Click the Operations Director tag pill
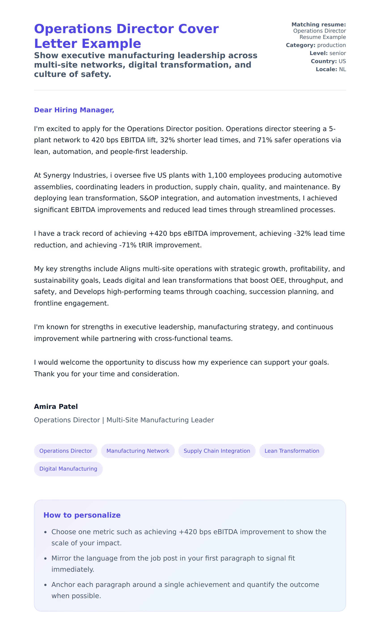[65, 451]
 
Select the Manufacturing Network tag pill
[138, 451]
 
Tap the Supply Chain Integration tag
[217, 451]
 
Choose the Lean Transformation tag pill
[292, 451]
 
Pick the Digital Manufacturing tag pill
[68, 469]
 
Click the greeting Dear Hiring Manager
[74, 110]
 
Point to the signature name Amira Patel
[56, 407]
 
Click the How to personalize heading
[82, 515]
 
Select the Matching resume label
[319, 25]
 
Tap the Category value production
[331, 45]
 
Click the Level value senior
[338, 53]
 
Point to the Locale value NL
[342, 69]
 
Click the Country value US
[342, 61]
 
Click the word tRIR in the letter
[146, 245]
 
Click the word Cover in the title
[198, 29]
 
